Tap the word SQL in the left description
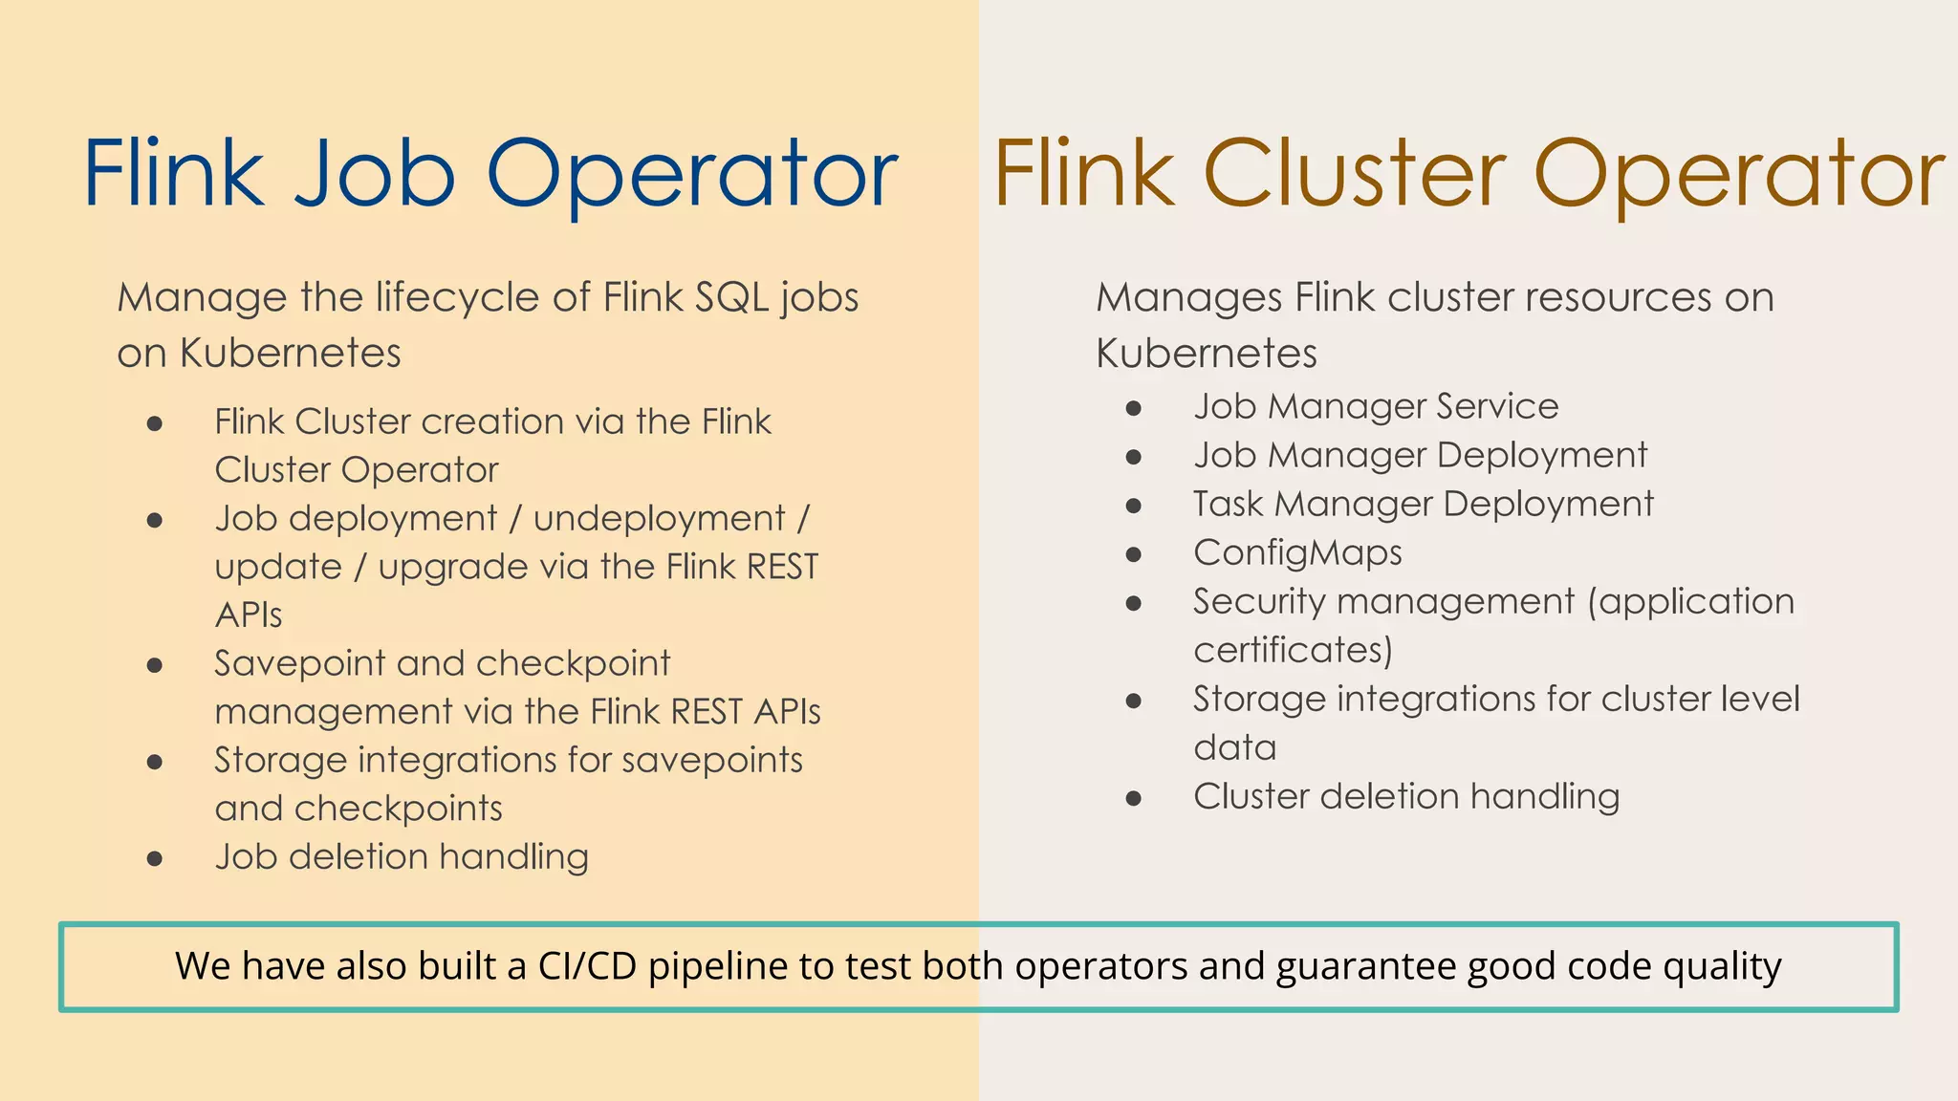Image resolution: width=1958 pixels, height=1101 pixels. [732, 297]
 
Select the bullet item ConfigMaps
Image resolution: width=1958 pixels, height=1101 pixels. [1297, 552]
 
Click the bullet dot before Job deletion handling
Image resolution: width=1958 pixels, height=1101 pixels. [155, 858]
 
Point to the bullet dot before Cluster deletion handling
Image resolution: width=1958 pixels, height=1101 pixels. [1134, 798]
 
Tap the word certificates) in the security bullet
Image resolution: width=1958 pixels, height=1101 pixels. [1293, 650]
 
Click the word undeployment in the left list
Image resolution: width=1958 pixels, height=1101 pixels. [659, 518]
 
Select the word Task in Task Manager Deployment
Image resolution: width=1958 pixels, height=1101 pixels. [1229, 504]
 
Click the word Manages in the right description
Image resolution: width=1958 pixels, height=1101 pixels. [1188, 297]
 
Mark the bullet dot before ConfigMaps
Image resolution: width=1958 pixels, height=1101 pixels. [1134, 554]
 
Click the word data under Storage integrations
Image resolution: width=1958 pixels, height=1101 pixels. [1234, 747]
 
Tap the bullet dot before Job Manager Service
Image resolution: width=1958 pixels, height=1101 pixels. [1134, 408]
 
